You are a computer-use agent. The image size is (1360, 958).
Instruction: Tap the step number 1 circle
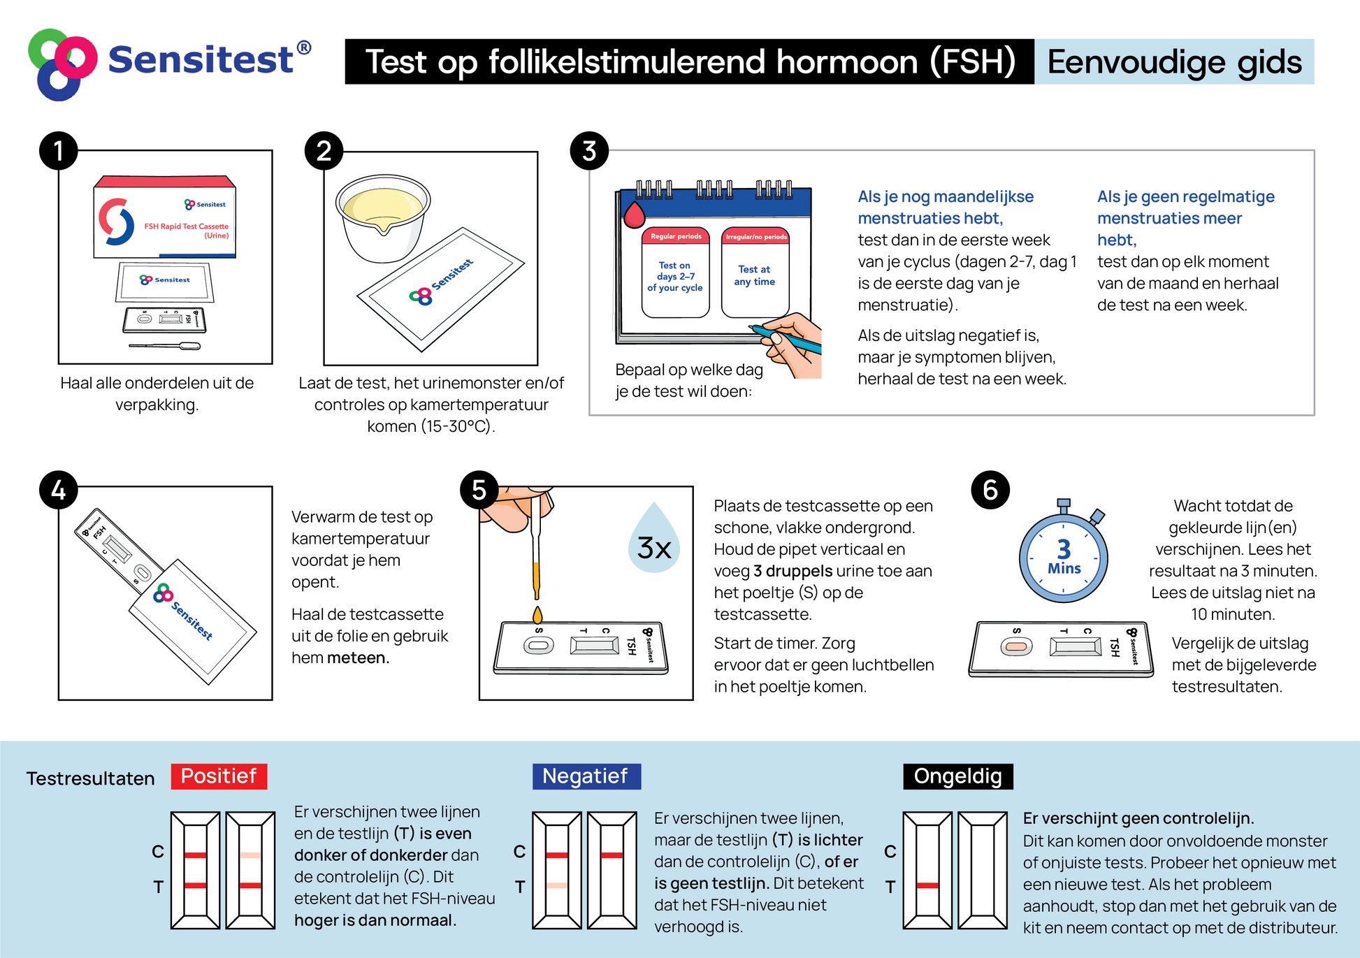(59, 151)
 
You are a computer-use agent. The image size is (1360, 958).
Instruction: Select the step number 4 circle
(59, 490)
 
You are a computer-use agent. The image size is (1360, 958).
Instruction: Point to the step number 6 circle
(990, 490)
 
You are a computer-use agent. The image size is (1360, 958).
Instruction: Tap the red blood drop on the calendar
(634, 215)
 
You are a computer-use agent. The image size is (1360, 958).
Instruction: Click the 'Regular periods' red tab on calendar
(676, 236)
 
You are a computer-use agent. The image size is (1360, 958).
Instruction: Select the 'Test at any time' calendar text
(755, 275)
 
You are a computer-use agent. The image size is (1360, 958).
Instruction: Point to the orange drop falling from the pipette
(537, 615)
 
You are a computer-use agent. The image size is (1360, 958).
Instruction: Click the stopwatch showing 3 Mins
(1064, 552)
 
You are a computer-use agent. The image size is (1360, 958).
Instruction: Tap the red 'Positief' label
(219, 776)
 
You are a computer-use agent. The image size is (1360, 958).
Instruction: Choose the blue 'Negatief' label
(586, 776)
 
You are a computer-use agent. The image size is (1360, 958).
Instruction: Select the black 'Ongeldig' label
(958, 776)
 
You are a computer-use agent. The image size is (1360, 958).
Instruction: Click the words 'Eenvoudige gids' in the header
(1174, 62)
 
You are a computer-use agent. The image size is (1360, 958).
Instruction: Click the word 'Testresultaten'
(90, 778)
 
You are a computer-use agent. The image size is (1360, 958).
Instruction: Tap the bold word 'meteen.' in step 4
(359, 658)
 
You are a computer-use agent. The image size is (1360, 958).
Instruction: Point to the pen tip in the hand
(751, 326)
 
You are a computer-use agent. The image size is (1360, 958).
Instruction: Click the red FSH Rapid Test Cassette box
(165, 217)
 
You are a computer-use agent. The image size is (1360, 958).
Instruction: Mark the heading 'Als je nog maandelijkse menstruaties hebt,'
(946, 208)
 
